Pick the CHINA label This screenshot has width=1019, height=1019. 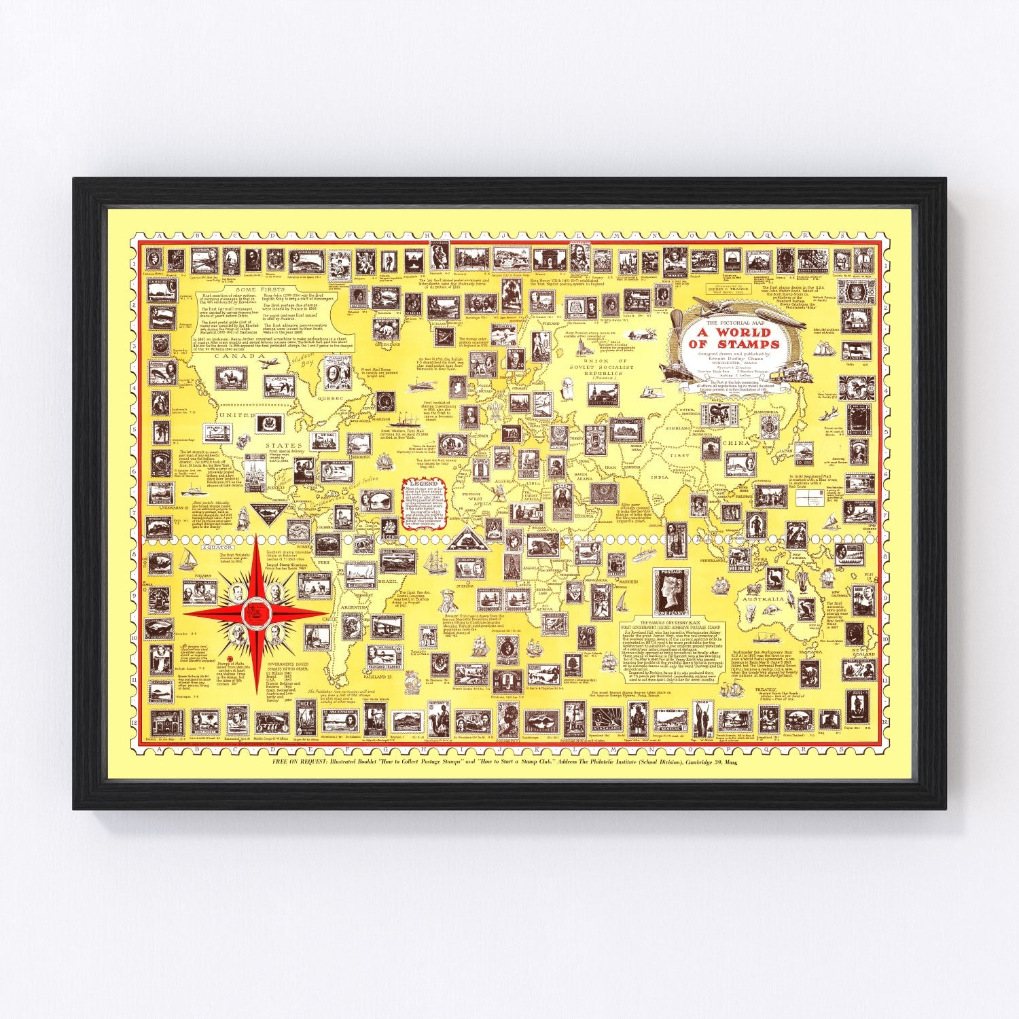(738, 443)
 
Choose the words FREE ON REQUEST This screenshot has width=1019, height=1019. (305, 763)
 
